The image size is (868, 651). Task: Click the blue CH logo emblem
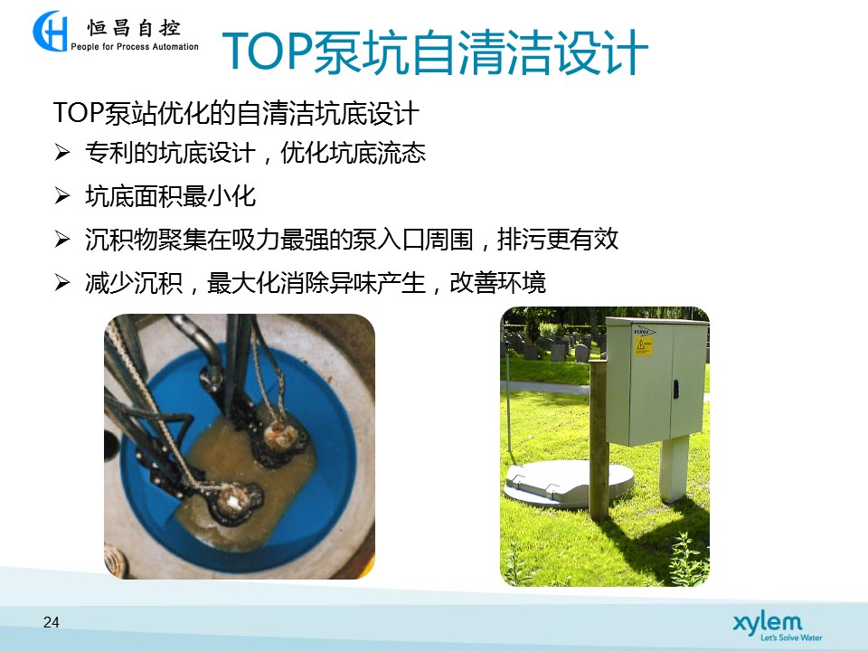[51, 31]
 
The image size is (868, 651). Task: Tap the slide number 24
[51, 622]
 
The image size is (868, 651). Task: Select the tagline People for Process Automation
[135, 47]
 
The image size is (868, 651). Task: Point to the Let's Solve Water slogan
[791, 637]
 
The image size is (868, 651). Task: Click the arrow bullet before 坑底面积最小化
[62, 196]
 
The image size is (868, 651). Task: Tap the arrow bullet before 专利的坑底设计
[62, 152]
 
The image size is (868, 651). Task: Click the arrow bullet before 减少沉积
[62, 282]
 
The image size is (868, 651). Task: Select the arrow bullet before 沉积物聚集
[62, 239]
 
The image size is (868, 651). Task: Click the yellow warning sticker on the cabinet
[643, 346]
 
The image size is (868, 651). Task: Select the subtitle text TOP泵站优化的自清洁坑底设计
[236, 113]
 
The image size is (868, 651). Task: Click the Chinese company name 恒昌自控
[134, 28]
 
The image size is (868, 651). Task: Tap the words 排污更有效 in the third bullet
[558, 239]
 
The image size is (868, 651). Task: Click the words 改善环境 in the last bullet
[497, 282]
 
